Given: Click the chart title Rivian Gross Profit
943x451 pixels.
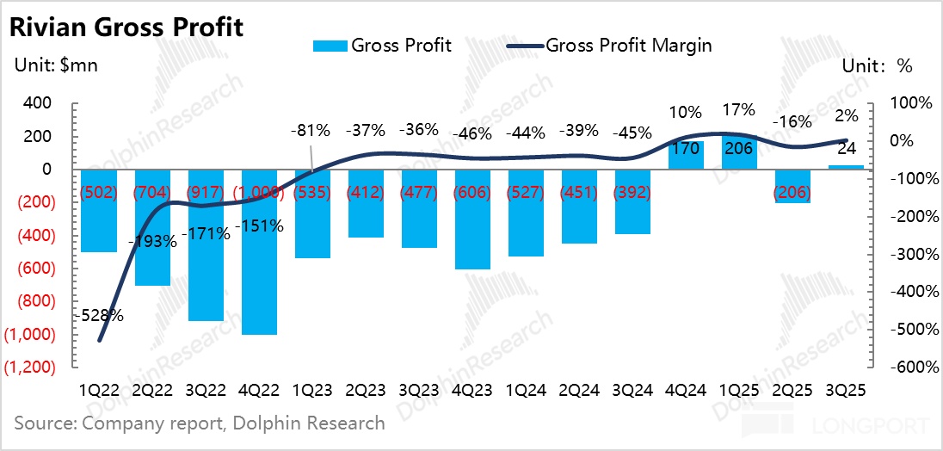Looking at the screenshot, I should [x=126, y=27].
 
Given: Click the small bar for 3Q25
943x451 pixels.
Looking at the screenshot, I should [x=846, y=167].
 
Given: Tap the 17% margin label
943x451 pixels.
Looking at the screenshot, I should [x=739, y=109].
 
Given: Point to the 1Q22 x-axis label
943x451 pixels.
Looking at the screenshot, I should [x=100, y=389].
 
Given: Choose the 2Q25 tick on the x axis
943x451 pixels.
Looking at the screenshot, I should [x=792, y=389].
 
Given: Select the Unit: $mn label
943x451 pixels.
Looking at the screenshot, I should [x=54, y=67].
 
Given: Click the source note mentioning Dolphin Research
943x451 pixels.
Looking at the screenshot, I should [x=200, y=423].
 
